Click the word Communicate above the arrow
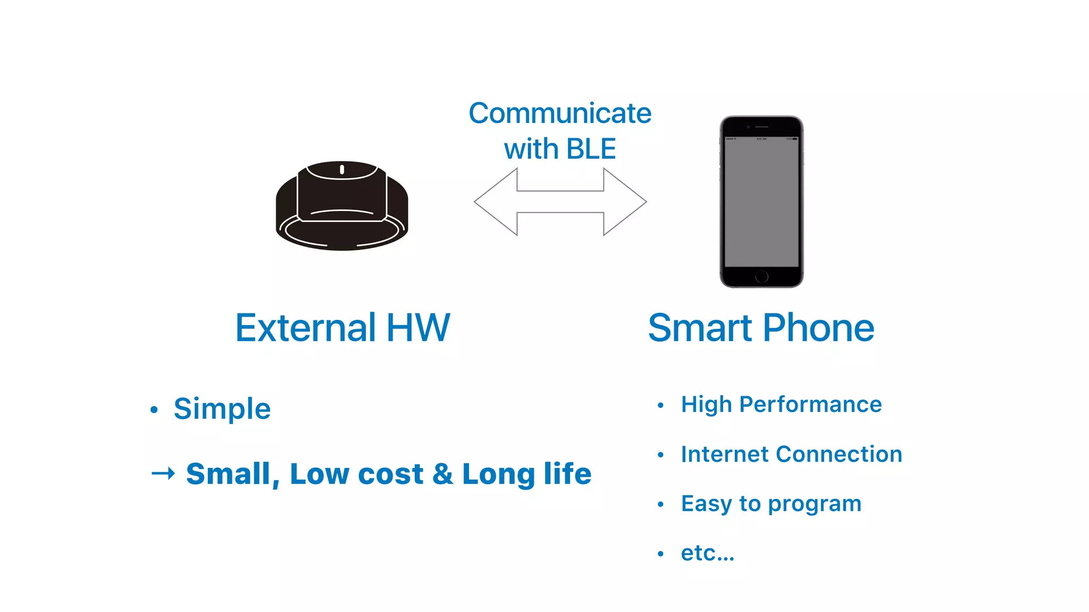pos(560,113)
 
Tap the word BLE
pos(591,149)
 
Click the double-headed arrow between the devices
pos(560,202)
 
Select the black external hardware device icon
pos(342,206)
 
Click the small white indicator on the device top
pos(342,169)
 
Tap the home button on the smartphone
pos(761,276)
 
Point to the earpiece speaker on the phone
pos(762,127)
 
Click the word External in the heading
pos(306,328)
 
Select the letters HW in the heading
pos(418,328)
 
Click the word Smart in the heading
pos(700,328)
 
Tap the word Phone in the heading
pos(818,328)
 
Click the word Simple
pos(222,409)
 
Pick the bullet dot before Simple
pos(154,410)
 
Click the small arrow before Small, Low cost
pos(163,473)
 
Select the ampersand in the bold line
pos(442,474)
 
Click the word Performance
pos(810,404)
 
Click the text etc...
pos(707,553)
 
